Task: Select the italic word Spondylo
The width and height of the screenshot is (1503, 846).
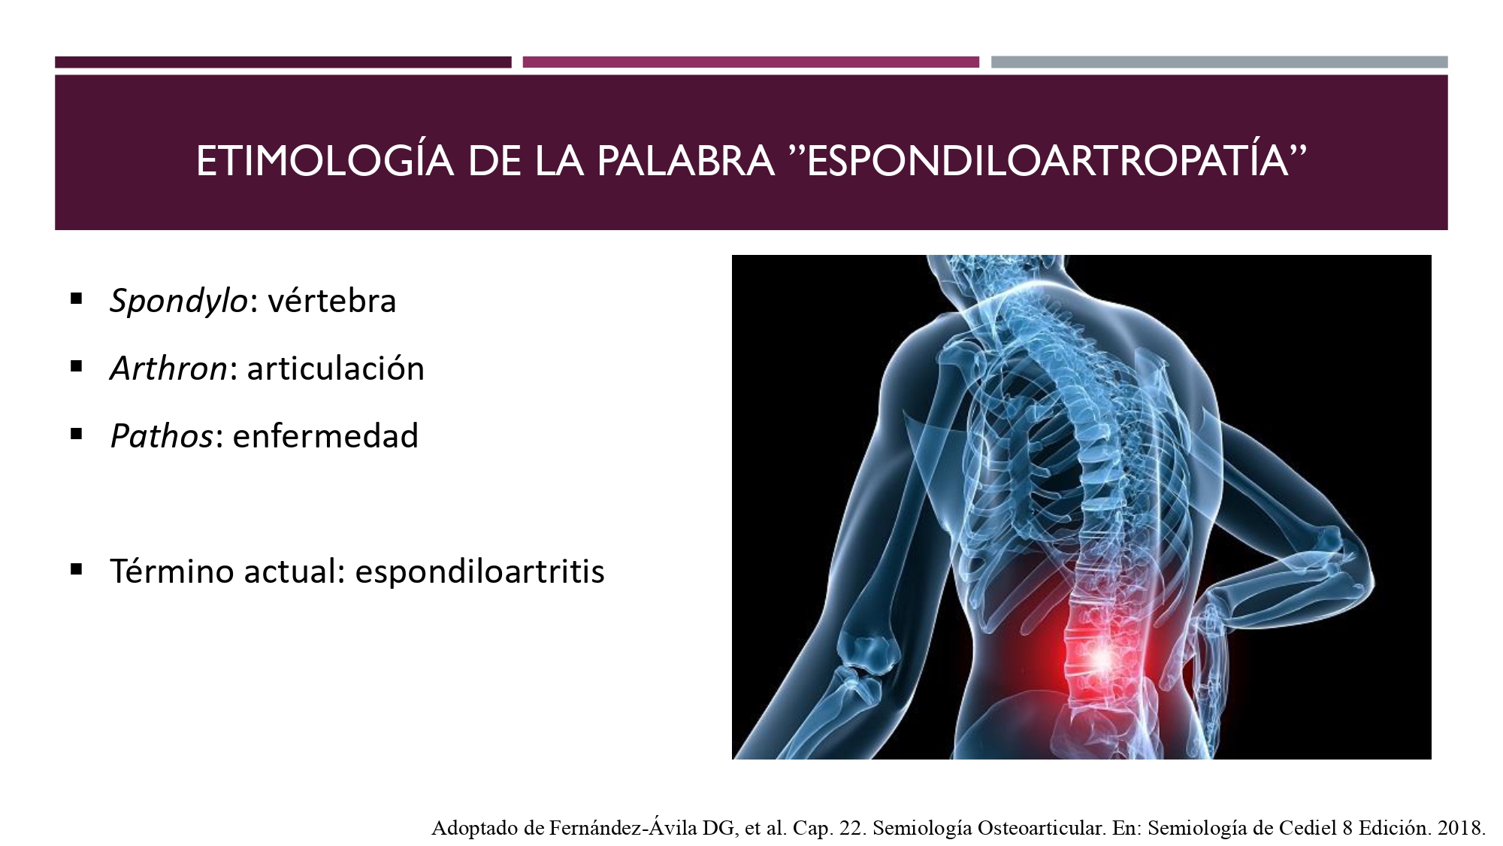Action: [x=178, y=302]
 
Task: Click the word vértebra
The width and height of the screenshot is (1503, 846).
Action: [x=332, y=300]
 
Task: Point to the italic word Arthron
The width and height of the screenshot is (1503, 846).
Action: [x=168, y=368]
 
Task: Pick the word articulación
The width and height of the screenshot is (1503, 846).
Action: [x=336, y=368]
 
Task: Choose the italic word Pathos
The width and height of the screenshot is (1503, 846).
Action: [x=162, y=435]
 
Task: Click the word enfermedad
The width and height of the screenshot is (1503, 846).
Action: [x=325, y=435]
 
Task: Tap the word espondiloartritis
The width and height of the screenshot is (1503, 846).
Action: [x=480, y=572]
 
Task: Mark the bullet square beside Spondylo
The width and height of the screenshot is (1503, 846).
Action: [x=76, y=299]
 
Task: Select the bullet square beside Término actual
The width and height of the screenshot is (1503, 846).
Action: [x=76, y=569]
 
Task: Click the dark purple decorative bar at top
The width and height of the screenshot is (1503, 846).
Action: [x=283, y=62]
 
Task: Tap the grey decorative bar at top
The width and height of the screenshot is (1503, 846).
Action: [x=1220, y=62]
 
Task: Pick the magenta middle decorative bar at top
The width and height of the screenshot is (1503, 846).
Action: [x=751, y=62]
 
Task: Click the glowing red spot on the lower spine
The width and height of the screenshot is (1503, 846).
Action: [x=1102, y=660]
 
